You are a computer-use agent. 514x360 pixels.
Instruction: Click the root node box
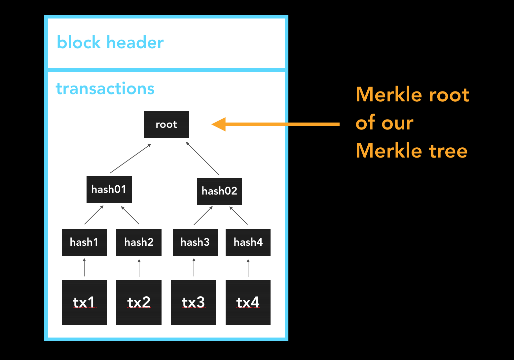tap(166, 125)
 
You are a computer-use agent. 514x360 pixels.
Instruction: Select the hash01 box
tap(109, 189)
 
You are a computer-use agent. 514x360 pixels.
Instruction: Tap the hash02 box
tap(219, 191)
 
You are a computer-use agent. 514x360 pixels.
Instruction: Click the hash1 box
tap(85, 242)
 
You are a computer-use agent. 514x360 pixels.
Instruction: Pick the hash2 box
tap(139, 242)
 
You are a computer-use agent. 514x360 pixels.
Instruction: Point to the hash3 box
tap(195, 242)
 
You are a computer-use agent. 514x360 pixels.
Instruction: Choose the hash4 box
tap(248, 242)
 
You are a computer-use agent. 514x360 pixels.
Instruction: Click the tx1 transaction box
tap(85, 302)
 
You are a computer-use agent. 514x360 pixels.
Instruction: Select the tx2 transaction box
tap(139, 302)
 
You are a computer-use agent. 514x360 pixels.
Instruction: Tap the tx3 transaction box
tap(194, 302)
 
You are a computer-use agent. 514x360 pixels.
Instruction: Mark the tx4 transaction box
tap(248, 302)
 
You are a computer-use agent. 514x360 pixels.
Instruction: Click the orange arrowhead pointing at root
tap(219, 125)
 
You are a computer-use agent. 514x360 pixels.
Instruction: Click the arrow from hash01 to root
tap(130, 158)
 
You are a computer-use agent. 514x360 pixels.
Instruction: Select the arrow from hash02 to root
tap(202, 159)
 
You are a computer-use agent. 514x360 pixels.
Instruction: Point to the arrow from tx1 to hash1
tap(84, 267)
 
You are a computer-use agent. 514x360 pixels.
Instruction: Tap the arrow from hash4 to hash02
tap(239, 215)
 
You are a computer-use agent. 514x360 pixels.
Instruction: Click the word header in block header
tap(135, 42)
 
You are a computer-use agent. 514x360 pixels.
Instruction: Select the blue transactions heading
tap(105, 89)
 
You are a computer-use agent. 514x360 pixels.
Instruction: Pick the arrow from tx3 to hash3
tap(194, 267)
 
